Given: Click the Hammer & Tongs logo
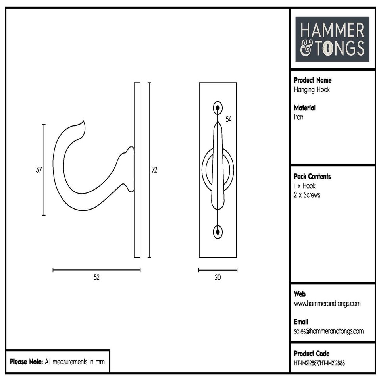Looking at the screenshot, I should point(332,39).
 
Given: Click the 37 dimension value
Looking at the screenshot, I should point(39,170).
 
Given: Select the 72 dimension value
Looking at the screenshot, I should point(154,170).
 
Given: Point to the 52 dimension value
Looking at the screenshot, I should point(96,277).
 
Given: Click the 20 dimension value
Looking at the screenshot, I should point(217,277).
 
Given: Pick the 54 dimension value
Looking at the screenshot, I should point(228,119).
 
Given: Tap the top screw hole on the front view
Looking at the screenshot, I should point(217,108).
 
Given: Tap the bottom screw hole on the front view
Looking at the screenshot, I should point(217,232).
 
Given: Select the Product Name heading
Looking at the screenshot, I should point(313,80).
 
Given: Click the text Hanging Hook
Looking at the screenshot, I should point(312,90).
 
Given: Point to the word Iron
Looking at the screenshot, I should point(298,117).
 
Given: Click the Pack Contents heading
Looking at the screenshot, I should point(312,176).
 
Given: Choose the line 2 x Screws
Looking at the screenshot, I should point(307,195).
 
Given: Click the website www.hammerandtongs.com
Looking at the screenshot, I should point(327,304).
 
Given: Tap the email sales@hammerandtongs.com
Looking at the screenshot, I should point(329,331).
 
